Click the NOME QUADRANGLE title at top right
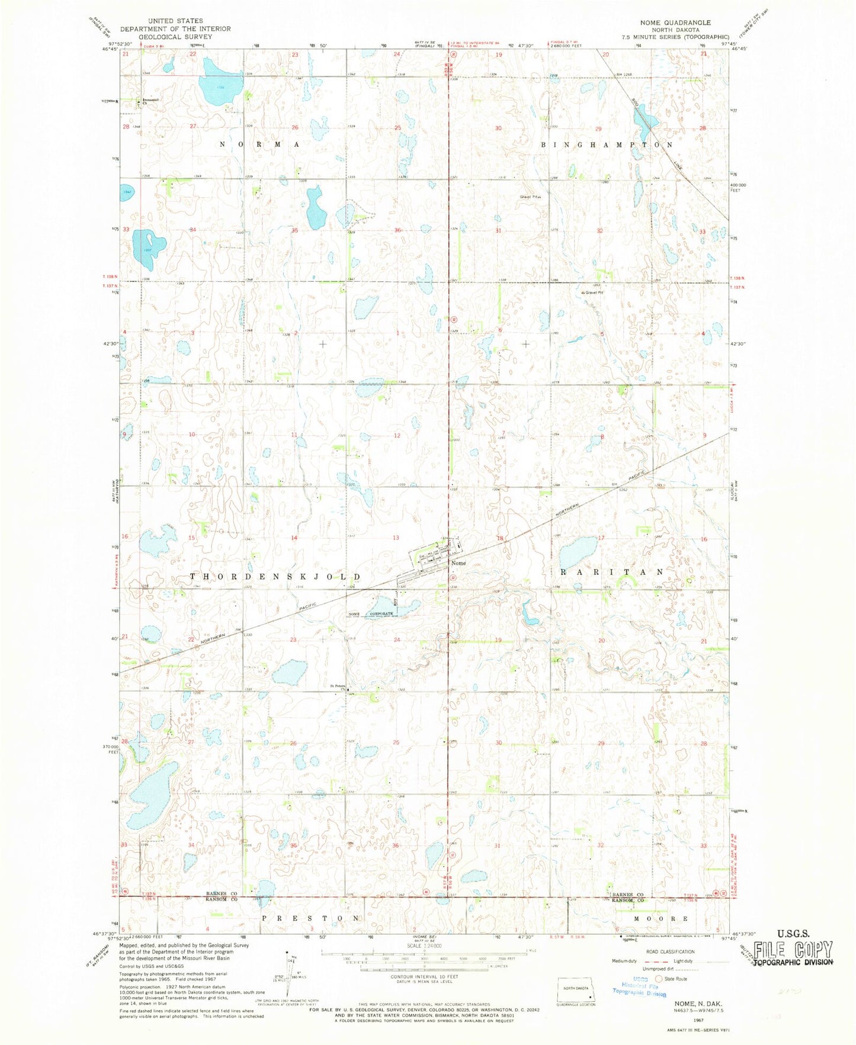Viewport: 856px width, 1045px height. pos(675,22)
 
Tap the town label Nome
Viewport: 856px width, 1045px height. pos(459,563)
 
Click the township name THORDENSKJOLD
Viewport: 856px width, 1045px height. pos(275,576)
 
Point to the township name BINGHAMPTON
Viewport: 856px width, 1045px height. pos(607,144)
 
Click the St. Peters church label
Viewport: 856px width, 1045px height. pos(338,687)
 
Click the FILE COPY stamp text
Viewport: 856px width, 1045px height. pos(793,951)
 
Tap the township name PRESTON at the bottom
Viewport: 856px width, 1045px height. pos(310,918)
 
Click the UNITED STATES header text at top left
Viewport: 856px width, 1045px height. pos(175,21)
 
